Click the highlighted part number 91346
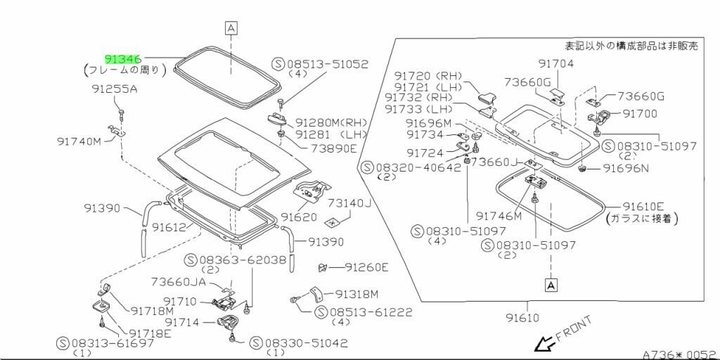pos(122,59)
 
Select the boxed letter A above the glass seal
pos(231,28)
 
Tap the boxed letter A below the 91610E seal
pos(551,285)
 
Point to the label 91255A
pos(113,89)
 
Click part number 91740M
pos(79,141)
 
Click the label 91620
pos(299,216)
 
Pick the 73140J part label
pos(349,203)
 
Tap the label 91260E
pos(366,266)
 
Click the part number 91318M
pos(356,294)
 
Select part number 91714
pos(182,322)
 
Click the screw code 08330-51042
pos(306,342)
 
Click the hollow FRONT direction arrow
pos(544,342)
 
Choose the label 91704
pos(556,63)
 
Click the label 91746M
pos(499,216)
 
